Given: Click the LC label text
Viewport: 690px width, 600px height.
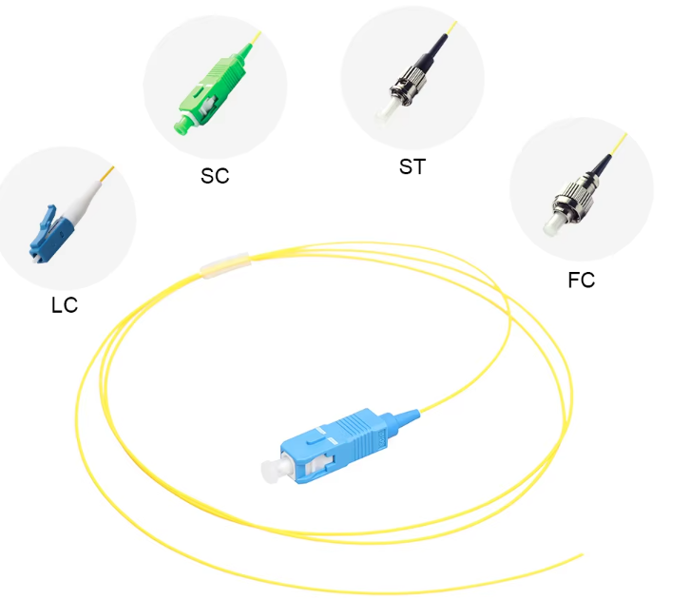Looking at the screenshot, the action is tap(65, 305).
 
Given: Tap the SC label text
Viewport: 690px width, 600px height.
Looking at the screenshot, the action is tap(215, 176).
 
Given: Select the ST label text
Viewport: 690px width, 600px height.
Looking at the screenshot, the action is tap(412, 166).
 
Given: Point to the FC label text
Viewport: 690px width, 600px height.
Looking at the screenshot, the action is tap(582, 280).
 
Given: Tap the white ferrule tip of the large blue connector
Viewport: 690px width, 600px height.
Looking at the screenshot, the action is tap(271, 469).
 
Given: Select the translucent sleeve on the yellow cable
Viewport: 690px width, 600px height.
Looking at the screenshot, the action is tap(225, 265).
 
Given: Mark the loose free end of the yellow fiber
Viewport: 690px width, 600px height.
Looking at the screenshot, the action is tap(583, 554).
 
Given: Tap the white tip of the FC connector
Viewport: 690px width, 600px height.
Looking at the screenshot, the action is tap(551, 225).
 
